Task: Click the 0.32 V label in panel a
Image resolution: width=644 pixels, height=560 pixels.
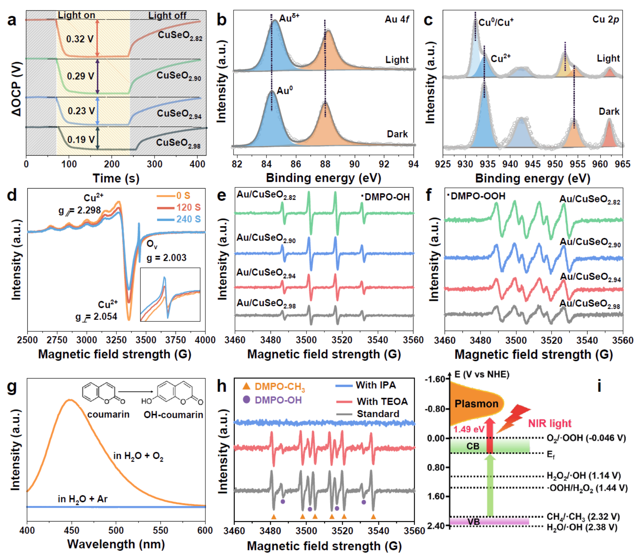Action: click(80, 39)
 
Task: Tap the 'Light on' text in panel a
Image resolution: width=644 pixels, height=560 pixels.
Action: click(76, 15)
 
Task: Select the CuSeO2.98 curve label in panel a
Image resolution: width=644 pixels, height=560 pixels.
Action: click(178, 143)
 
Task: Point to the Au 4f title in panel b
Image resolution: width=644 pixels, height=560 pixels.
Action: click(397, 19)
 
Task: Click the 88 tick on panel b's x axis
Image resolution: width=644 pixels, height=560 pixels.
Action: click(325, 164)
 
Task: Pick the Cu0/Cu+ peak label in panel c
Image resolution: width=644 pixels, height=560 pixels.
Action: click(496, 23)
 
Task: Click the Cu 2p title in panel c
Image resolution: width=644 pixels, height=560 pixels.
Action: click(605, 19)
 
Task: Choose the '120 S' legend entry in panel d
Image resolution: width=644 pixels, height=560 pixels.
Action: click(188, 208)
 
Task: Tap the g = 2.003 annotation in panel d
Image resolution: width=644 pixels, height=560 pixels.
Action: click(166, 258)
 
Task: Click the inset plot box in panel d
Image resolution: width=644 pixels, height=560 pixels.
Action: click(170, 294)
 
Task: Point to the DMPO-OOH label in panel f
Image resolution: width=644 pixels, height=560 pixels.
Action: click(476, 196)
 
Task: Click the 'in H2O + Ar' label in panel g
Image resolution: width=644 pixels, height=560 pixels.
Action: click(83, 499)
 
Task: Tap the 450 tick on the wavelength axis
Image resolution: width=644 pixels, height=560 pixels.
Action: click(71, 530)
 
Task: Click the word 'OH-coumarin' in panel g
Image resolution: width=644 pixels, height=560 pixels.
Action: click(173, 415)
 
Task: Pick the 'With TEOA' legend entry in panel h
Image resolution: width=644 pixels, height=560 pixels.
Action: click(382, 401)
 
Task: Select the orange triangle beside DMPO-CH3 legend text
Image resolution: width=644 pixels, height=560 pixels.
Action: click(246, 386)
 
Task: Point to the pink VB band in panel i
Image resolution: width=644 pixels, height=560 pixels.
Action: click(489, 521)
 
